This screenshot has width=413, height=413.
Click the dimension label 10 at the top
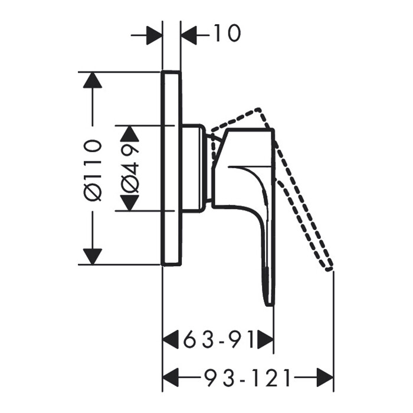tap(225, 34)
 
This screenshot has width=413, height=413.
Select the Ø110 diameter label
tap(93, 170)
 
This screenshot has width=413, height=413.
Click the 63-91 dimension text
tap(218, 340)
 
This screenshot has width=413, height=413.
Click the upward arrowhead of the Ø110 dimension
tap(92, 80)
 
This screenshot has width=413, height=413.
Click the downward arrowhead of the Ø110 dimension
tap(92, 257)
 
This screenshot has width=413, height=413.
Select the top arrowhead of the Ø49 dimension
tap(130, 133)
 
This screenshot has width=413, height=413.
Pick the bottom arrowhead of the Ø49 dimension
tap(130, 203)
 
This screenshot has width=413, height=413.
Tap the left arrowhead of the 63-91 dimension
tap(172, 340)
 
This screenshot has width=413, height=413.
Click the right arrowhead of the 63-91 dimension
tap(265, 340)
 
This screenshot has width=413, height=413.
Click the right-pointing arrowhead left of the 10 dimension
tap(154, 35)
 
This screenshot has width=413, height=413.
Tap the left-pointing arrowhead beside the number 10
tap(189, 35)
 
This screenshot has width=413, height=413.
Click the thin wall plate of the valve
tap(172, 168)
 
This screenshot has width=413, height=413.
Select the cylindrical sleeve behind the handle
tap(194, 168)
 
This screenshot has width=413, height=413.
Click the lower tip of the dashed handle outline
tap(329, 268)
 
